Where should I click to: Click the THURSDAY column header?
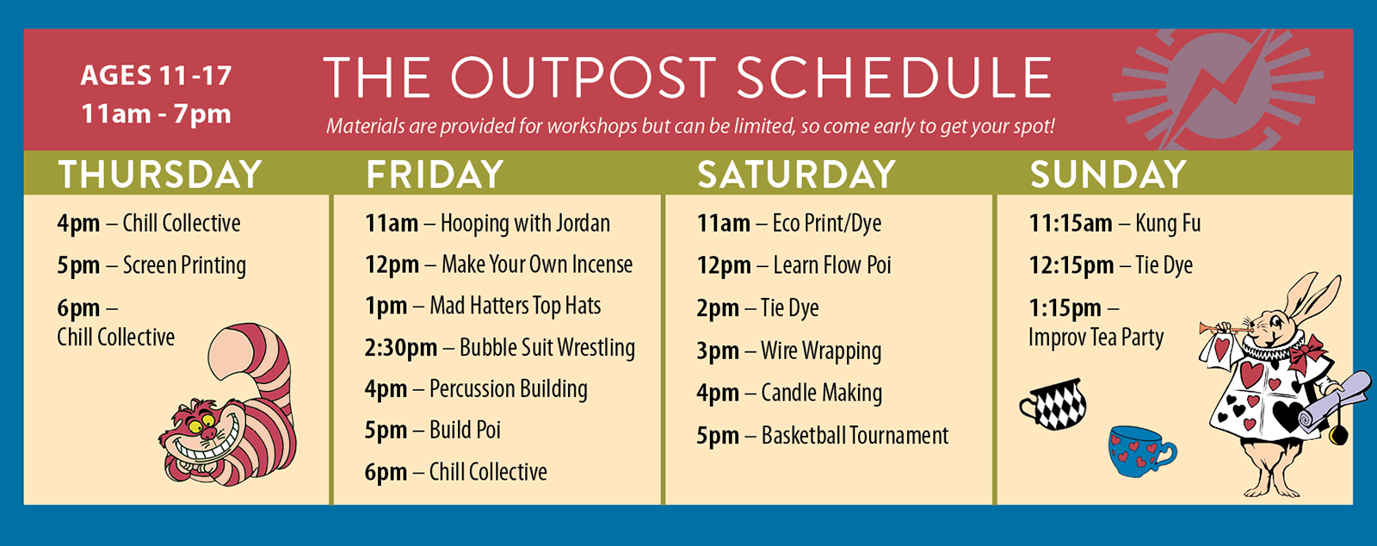160,174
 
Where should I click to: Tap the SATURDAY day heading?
797,174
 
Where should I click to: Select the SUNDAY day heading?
1108,174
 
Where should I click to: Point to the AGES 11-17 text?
156,76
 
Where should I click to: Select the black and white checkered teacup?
1053,404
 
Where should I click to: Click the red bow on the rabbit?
1306,352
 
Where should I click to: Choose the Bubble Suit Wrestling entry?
500,348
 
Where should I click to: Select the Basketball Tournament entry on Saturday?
823,435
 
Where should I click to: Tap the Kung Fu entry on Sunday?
1115,223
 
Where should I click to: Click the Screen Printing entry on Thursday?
151,265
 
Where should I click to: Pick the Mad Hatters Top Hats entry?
483,306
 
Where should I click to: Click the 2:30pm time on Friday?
401,348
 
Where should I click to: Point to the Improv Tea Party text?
1096,338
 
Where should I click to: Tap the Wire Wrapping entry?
789,351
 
